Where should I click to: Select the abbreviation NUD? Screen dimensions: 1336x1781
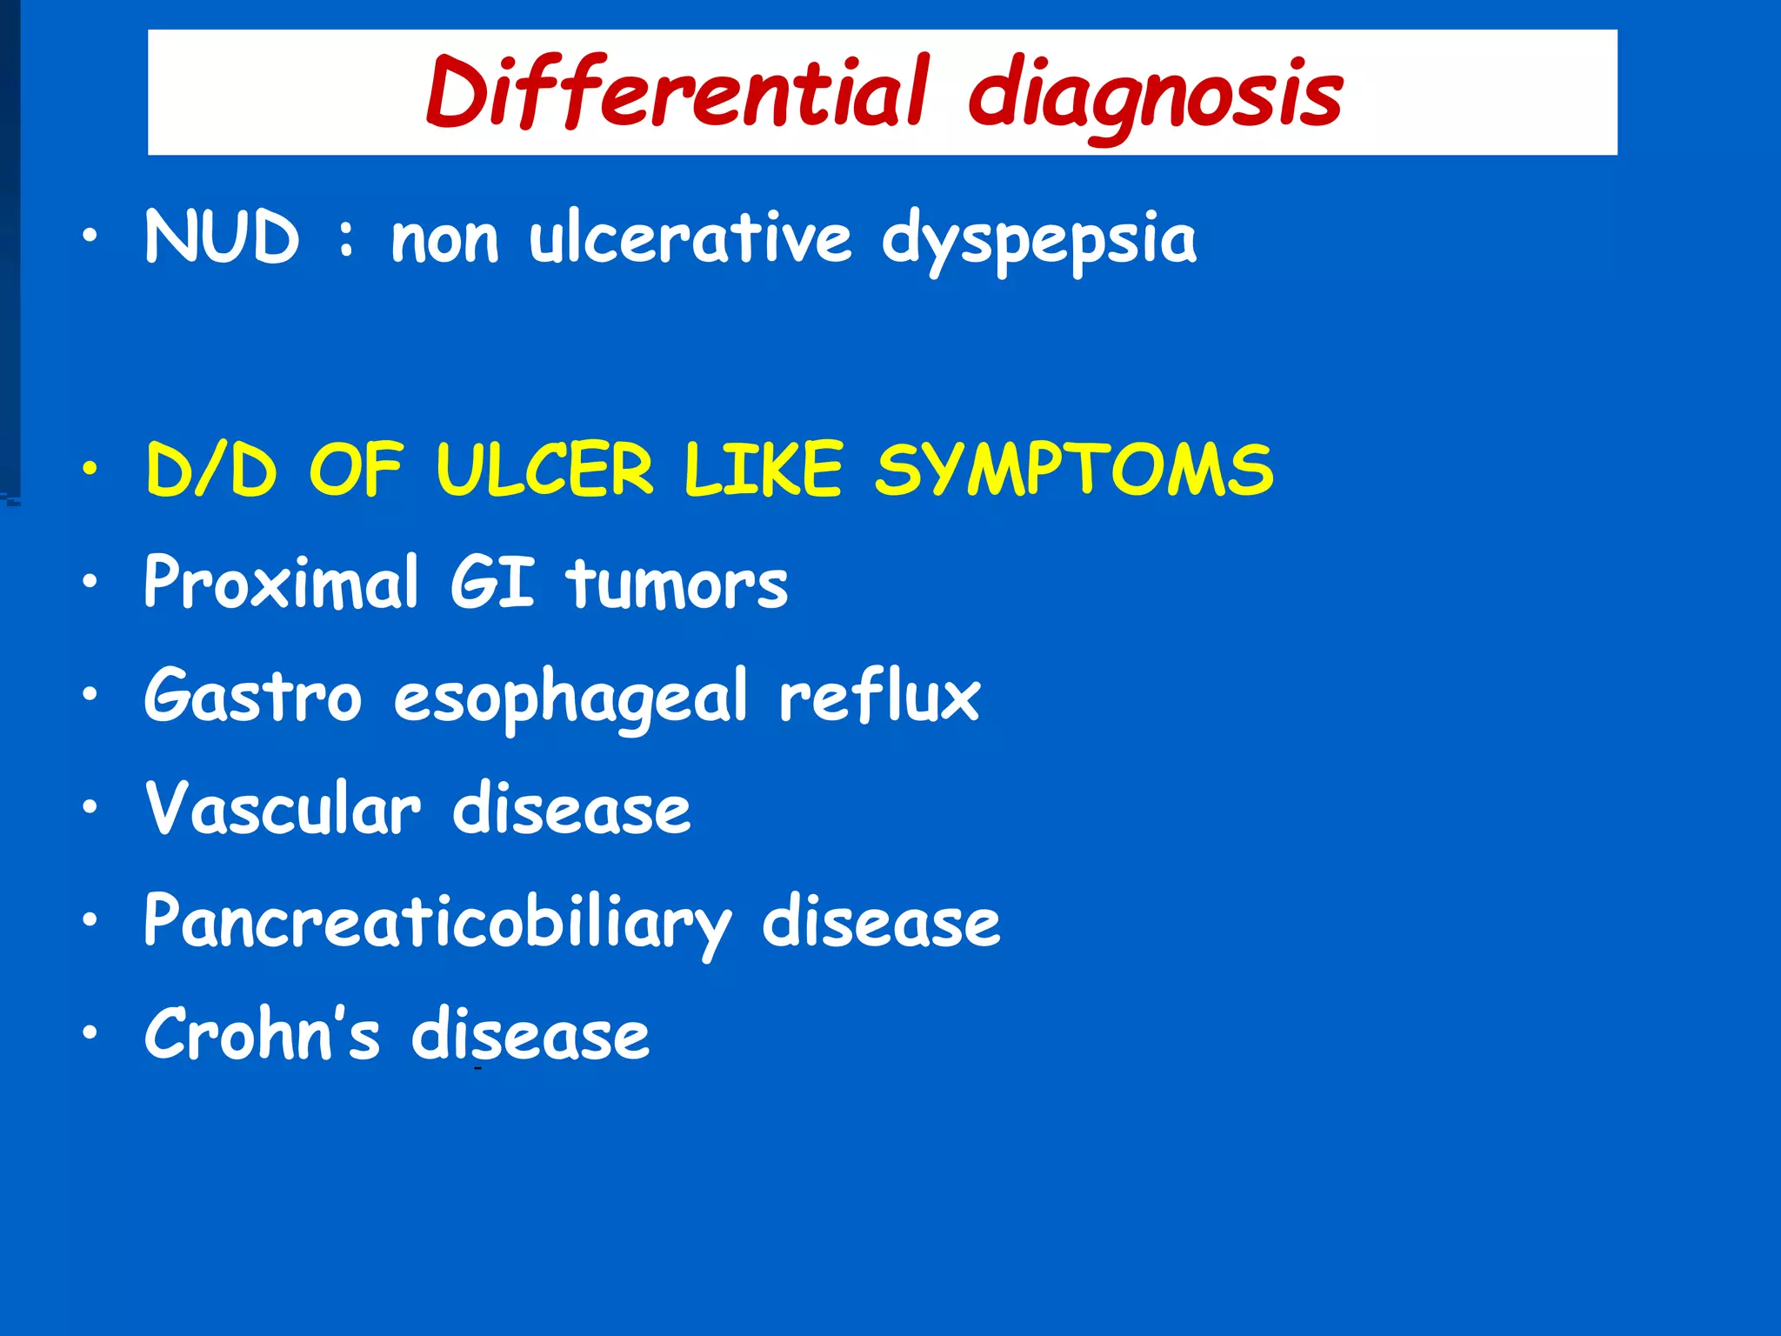223,237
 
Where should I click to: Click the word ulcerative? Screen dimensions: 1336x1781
690,237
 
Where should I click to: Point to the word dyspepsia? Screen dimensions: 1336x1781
1039,240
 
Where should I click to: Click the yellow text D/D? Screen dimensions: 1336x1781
211,470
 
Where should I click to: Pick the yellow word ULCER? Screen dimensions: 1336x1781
544,470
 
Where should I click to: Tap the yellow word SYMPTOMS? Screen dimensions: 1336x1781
1074,470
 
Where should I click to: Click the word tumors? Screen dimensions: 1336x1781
677,584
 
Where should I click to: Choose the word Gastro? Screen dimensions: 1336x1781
253,696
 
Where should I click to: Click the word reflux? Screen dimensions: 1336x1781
879,696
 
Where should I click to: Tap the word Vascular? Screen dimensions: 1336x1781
283,809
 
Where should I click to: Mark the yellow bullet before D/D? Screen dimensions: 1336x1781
90,470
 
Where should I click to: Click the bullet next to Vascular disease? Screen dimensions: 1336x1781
90,808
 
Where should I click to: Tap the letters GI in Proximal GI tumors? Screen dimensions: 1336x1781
492,582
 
